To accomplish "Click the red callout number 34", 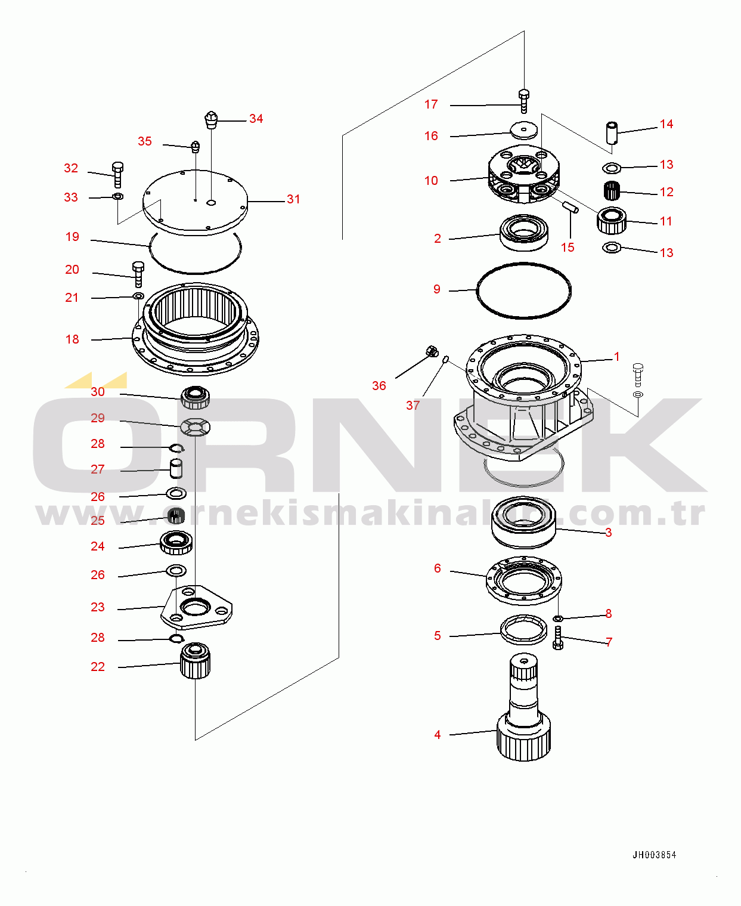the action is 256,119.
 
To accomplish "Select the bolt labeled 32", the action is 117,174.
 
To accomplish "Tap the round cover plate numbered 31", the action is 196,202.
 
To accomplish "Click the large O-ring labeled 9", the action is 524,290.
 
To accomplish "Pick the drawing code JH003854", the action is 655,855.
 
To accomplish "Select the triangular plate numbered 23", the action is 196,607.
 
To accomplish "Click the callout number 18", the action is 72,339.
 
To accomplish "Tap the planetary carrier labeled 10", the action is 524,174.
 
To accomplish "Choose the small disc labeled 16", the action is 524,131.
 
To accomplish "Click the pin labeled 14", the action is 612,133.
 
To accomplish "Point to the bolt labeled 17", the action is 524,101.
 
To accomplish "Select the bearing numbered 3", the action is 524,522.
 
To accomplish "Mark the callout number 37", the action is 413,405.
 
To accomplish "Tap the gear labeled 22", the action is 196,661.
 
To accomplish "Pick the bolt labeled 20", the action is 138,274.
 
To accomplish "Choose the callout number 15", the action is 568,248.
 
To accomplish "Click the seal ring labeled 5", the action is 524,630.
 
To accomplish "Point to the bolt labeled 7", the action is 558,638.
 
